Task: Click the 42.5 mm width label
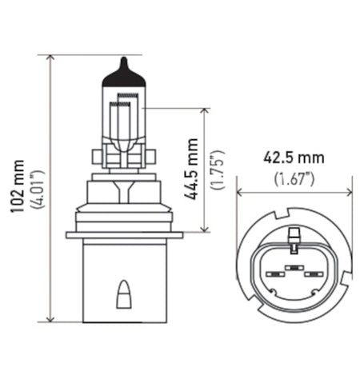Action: coord(295,158)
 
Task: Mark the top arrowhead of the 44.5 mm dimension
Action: coord(207,110)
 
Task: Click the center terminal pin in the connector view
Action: coord(295,265)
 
